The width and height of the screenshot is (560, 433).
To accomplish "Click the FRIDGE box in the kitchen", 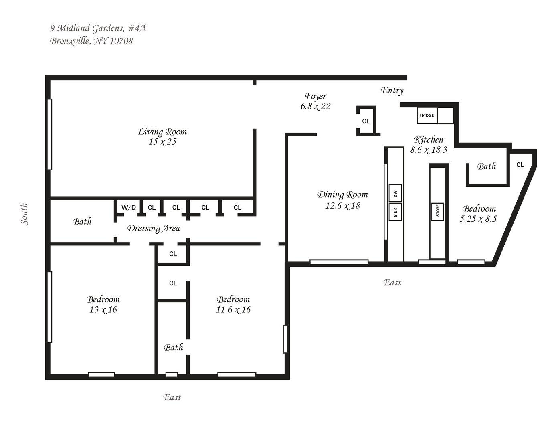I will (427, 115).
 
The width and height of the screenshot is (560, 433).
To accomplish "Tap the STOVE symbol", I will (438, 210).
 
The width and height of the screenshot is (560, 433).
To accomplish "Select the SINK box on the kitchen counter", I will (395, 212).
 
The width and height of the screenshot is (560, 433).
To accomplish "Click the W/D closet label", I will (129, 208).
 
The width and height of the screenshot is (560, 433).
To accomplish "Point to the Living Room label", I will (162, 132).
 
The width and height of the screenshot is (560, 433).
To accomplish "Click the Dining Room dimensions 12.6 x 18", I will (342, 206).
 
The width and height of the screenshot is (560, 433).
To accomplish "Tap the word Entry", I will (392, 90).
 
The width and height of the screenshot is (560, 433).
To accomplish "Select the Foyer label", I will (316, 96).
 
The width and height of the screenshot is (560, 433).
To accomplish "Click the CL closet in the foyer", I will (366, 121).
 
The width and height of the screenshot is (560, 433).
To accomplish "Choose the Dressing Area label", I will (154, 228).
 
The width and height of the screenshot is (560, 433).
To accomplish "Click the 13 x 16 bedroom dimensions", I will (103, 310).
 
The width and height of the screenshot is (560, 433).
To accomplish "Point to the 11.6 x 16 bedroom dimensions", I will (233, 310).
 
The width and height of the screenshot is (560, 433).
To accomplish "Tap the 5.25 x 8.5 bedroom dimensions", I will (479, 219).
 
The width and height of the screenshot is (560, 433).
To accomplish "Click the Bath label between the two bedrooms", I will (173, 348).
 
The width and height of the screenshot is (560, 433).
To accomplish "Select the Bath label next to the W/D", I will (82, 221).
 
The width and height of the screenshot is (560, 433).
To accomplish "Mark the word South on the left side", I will (24, 214).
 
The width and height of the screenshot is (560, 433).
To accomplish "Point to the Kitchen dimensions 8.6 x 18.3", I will (429, 150).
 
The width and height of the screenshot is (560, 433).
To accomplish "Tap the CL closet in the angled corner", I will (520, 165).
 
